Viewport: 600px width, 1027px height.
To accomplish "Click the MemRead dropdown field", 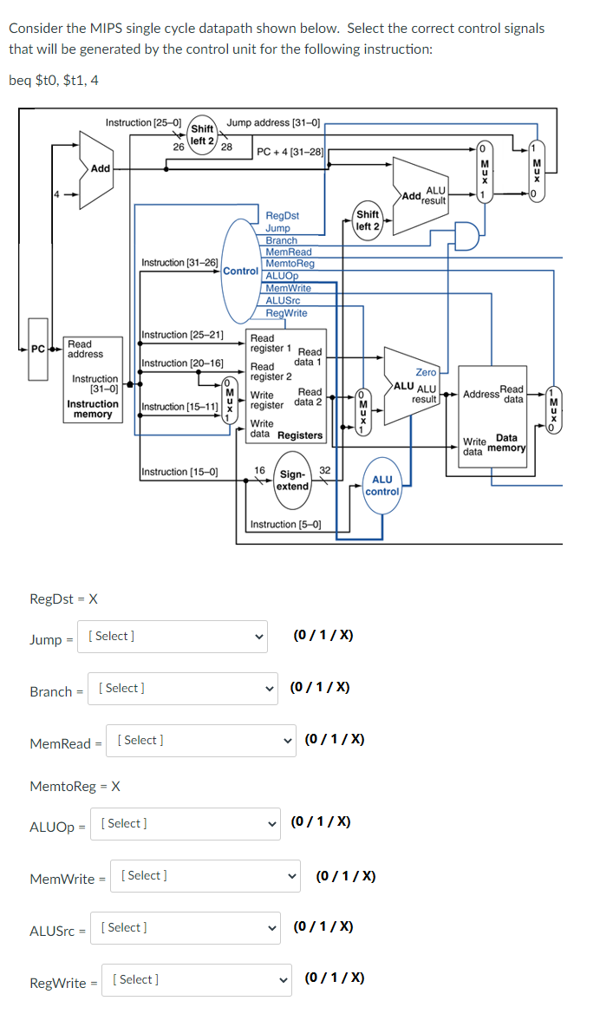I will [x=201, y=741].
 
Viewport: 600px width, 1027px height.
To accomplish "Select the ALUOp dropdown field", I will [x=186, y=824].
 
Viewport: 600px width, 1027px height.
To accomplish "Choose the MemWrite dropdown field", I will [x=205, y=876].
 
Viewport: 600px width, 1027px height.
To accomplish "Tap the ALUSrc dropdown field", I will [x=186, y=928].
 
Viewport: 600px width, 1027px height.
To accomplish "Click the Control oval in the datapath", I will [x=241, y=271].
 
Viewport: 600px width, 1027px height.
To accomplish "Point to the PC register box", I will [x=38, y=350].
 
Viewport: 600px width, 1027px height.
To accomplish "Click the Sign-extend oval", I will [x=292, y=481].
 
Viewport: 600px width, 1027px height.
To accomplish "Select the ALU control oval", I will [x=382, y=486].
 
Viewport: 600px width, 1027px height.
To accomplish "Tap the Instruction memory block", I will [x=93, y=382].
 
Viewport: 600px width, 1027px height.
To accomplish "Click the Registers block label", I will [x=300, y=435].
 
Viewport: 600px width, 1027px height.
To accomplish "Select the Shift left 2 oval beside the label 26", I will [x=202, y=134].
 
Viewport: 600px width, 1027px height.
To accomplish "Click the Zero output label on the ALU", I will [x=426, y=372].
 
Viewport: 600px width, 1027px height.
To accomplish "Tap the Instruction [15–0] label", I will [x=179, y=472].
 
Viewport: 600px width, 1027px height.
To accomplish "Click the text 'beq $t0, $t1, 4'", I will [x=54, y=80].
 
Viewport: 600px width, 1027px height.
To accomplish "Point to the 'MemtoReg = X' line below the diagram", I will [x=75, y=786].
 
